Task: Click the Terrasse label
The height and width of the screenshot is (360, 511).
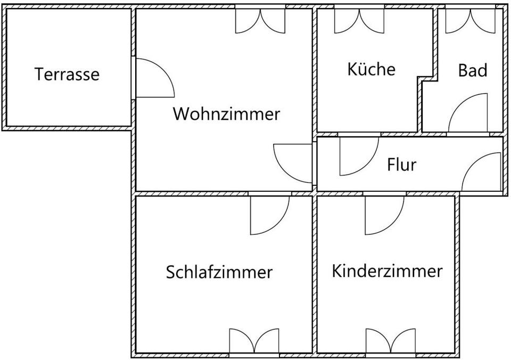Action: (67, 74)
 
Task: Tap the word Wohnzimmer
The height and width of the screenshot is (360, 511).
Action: (226, 114)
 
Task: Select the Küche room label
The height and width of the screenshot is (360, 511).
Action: (371, 69)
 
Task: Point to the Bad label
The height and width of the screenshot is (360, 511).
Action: (473, 70)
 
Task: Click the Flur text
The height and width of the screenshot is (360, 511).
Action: (401, 165)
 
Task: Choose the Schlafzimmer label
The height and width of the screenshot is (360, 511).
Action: (219, 272)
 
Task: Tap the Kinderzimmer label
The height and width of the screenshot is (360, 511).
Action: (387, 271)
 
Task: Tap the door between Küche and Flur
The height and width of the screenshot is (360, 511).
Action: (358, 156)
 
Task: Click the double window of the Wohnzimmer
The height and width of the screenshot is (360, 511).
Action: (261, 19)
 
